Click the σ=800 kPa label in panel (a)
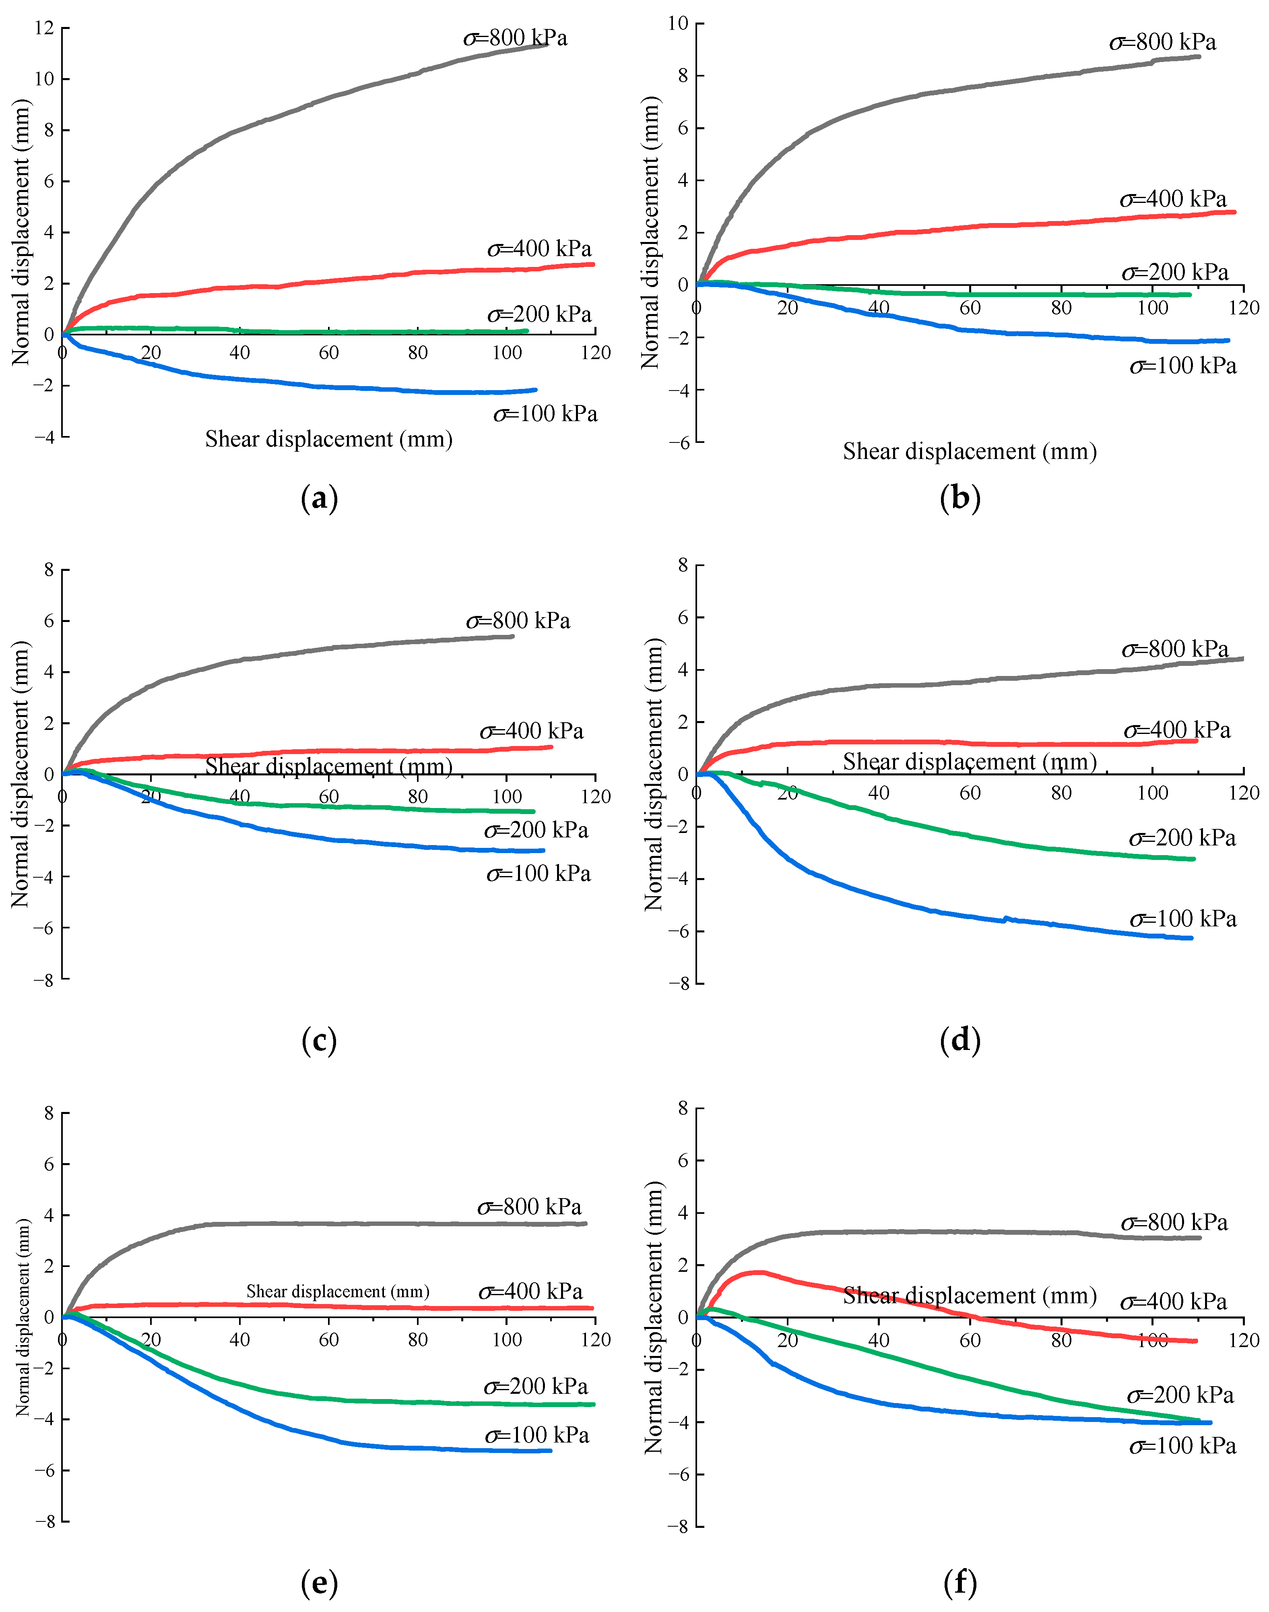click(516, 38)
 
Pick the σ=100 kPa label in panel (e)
click(536, 1435)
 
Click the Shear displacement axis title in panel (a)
click(328, 439)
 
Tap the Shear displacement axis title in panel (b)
click(970, 451)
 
